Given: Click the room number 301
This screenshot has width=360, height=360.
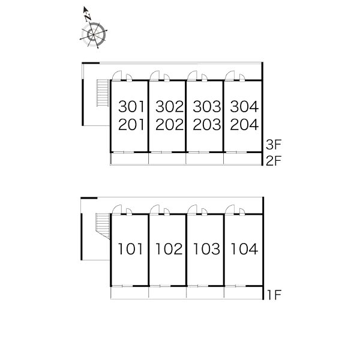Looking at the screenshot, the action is click(x=131, y=107).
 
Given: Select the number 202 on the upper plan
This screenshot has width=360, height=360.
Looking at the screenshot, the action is click(x=170, y=124).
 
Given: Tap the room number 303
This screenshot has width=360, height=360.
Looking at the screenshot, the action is click(x=207, y=107).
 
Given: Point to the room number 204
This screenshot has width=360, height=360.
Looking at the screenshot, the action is click(x=244, y=124).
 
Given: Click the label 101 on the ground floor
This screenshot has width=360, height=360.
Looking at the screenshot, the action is click(x=130, y=249).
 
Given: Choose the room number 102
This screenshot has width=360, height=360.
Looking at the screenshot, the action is click(x=169, y=249).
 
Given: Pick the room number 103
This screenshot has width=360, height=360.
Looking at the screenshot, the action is click(x=206, y=249).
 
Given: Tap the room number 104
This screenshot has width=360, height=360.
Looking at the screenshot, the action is click(x=244, y=249).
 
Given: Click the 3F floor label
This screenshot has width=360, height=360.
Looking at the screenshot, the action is click(x=274, y=145).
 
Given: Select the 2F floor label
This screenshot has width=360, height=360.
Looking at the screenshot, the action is click(x=274, y=161).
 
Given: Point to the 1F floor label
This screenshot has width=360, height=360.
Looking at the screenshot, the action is click(x=274, y=295).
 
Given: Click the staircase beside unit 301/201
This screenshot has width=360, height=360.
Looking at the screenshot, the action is click(x=103, y=93).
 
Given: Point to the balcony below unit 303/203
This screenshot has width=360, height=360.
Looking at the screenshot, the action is click(x=205, y=158).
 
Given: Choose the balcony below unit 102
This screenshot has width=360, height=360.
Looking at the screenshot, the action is click(x=167, y=293).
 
